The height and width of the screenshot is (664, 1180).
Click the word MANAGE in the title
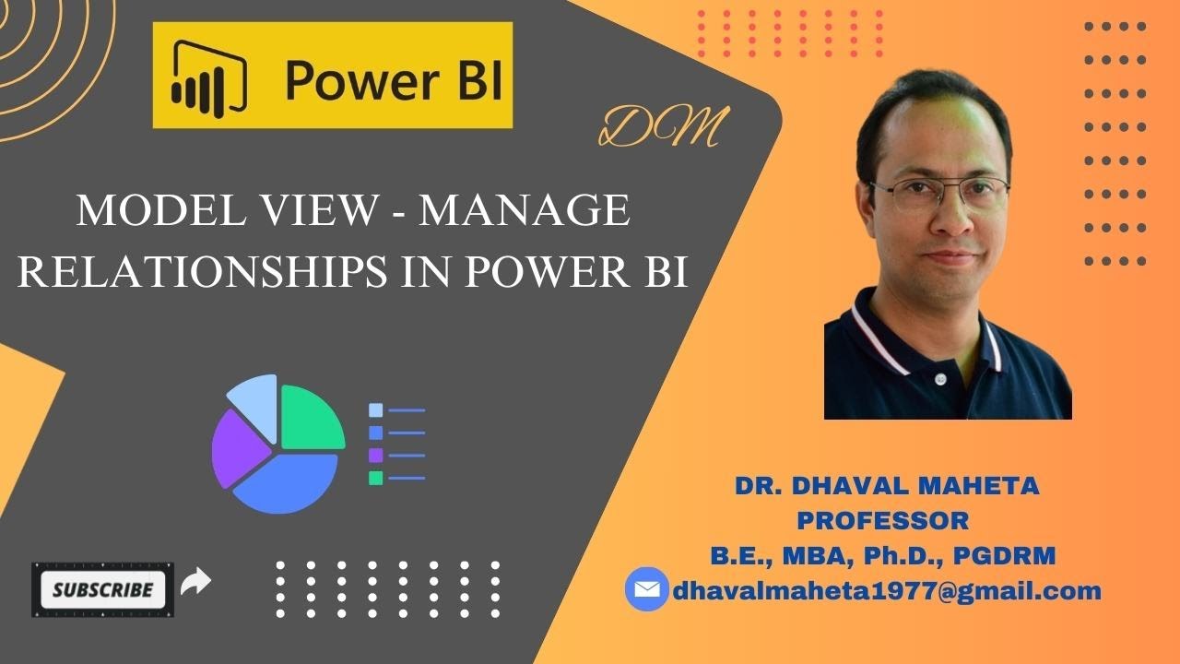[525, 211]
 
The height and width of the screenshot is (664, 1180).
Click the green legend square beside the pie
[375, 478]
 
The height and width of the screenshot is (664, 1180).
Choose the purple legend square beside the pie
[375, 455]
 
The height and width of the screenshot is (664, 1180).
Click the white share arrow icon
[196, 582]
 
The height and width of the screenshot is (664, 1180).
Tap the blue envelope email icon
[647, 589]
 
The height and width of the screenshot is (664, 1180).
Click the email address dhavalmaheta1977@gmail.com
[887, 590]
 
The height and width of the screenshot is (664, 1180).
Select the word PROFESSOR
[882, 520]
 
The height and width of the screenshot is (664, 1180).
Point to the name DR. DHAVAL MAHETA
[886, 486]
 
